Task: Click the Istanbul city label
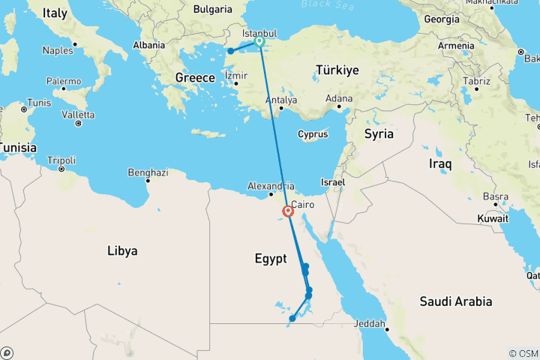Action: [259, 34]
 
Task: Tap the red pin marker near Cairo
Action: [288, 211]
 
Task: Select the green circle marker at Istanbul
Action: [259, 42]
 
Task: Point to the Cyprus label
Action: [313, 134]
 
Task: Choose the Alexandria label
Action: [271, 186]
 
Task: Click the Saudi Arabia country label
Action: [456, 301]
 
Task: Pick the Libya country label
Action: [122, 250]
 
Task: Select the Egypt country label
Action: [270, 259]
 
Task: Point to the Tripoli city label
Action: [61, 160]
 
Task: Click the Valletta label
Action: [78, 115]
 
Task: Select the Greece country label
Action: [195, 77]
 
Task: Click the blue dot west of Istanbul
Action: [231, 51]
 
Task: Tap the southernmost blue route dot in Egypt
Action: [292, 319]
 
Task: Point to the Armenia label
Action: [455, 46]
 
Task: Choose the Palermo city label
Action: [64, 81]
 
